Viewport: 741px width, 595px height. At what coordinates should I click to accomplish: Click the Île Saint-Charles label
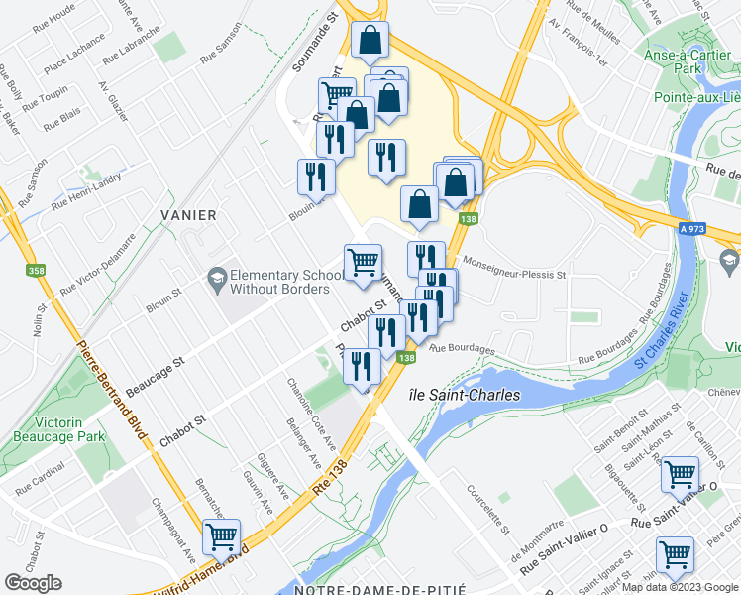pos(465,395)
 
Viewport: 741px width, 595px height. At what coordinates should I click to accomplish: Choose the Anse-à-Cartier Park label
pos(697,78)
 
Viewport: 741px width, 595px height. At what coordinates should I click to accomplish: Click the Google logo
pos(33,583)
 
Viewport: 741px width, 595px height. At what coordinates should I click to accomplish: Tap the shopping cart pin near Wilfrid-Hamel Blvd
pos(221,536)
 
